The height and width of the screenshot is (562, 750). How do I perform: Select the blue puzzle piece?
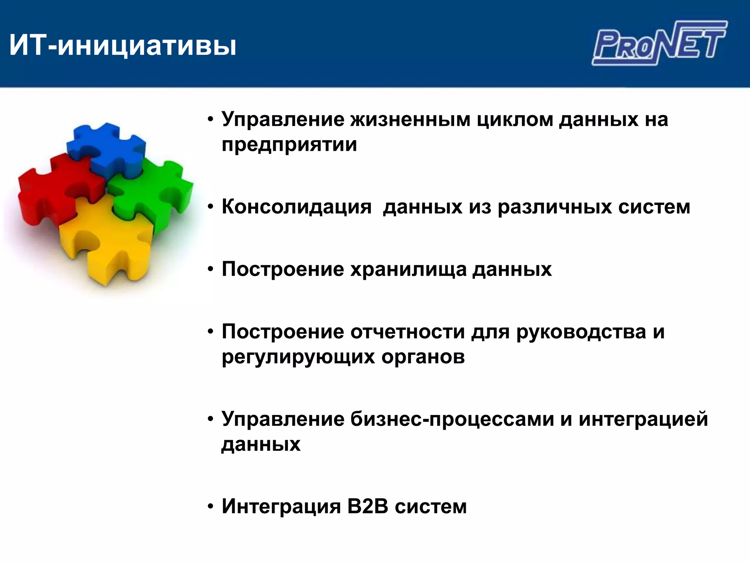coord(106,146)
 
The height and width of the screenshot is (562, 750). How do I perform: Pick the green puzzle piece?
coord(154,190)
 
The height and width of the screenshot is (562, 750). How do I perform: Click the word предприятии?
coord(289,145)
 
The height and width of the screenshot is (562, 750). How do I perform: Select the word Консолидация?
coord(297,207)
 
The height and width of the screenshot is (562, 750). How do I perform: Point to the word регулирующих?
coord(298,357)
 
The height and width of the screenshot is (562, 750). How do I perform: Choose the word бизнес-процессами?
coord(452,419)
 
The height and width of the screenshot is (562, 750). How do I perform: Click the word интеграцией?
coord(643,419)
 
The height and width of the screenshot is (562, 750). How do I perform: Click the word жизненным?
coord(410,120)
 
